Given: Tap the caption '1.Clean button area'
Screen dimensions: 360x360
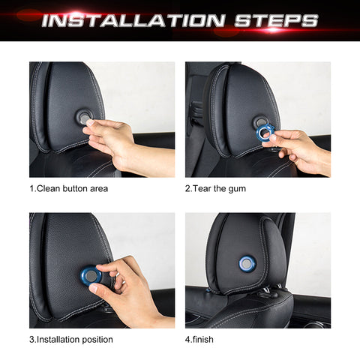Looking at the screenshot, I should point(68,188).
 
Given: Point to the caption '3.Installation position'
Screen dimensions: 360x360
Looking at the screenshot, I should point(71,339).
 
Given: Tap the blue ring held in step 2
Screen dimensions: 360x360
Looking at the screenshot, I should point(265,133).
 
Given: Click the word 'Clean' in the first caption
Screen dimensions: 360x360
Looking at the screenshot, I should point(50,188).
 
